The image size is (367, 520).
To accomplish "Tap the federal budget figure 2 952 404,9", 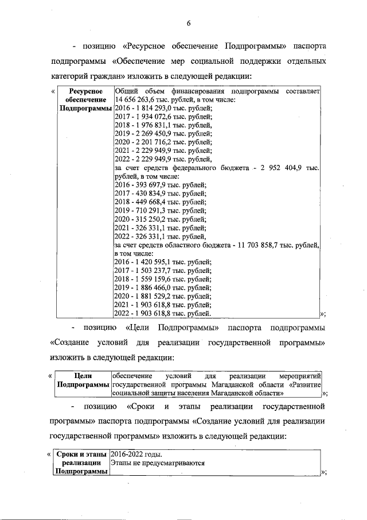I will click(287, 168).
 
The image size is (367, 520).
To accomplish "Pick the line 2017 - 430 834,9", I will click(161, 194).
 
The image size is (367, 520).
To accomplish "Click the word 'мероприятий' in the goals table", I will click(301, 376).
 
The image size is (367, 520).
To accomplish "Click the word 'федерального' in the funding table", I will click(197, 168).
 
